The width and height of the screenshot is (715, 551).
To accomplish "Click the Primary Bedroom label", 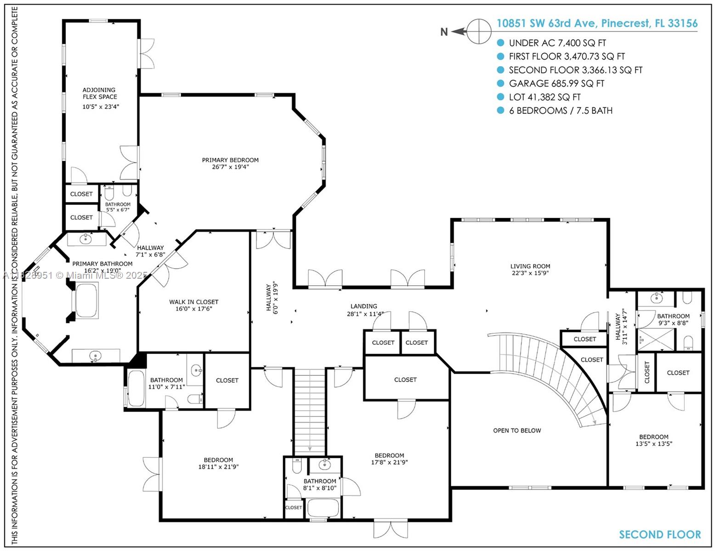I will point(230,160).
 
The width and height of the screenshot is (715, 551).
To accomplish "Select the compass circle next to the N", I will point(479,31).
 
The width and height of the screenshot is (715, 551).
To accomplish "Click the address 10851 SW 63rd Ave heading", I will point(596,23).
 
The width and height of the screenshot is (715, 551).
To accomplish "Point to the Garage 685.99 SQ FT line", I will point(556,84).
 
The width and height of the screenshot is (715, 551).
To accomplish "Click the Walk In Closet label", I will point(193,302).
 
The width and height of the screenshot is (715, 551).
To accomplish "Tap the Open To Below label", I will point(517,431).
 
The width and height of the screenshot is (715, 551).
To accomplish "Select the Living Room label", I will point(530,266).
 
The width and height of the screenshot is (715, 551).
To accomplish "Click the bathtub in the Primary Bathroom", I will point(86,301).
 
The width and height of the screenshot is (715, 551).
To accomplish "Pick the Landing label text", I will point(363,306).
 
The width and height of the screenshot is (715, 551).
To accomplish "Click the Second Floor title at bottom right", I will point(660,534).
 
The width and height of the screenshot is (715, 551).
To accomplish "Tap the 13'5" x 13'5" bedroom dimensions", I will point(653,444).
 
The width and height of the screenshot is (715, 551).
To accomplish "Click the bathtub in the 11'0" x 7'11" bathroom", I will point(136,389).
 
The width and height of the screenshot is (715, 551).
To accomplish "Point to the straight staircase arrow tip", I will point(310,450).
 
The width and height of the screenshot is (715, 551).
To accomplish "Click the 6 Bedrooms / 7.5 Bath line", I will point(560,111).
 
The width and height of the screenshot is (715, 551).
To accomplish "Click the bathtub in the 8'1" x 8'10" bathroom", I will point(323,507).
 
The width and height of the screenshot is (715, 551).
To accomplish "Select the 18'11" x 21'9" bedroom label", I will point(218,460).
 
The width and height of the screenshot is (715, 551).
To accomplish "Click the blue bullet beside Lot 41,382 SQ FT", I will point(500,97).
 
